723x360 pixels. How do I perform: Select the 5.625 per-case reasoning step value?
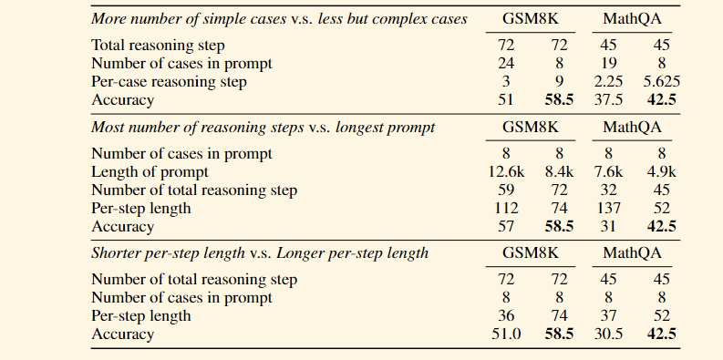(x=661, y=81)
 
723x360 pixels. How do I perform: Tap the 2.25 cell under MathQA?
(x=608, y=81)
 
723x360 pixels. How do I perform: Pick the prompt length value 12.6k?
(x=504, y=171)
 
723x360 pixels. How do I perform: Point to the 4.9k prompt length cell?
(x=662, y=171)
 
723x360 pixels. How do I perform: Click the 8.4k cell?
(x=558, y=171)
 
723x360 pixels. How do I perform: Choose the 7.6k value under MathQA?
(x=608, y=171)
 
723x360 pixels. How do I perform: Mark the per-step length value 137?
(x=608, y=208)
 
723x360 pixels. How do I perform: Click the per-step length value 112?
(x=505, y=208)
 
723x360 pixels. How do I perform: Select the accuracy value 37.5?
(x=608, y=99)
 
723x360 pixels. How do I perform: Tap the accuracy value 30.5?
(x=608, y=334)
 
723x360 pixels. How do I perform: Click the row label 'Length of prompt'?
(x=150, y=171)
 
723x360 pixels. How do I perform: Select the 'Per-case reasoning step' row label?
(x=169, y=81)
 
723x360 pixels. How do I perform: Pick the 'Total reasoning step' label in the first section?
(x=158, y=45)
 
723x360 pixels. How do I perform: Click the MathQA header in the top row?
(x=633, y=17)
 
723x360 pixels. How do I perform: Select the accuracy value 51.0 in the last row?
(x=505, y=334)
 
